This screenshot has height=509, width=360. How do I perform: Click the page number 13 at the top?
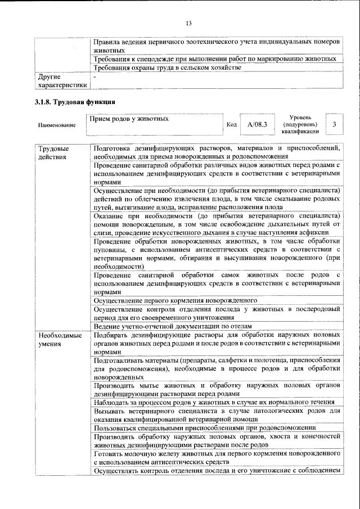click(188, 22)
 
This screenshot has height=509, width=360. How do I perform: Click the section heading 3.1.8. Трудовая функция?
click(75, 102)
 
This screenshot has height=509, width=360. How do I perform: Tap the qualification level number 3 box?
click(334, 124)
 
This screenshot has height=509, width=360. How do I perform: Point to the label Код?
click(231, 124)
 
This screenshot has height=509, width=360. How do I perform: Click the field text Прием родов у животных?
click(129, 119)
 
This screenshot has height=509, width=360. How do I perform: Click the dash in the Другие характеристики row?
click(95, 76)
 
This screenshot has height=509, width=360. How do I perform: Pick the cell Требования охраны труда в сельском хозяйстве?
click(168, 67)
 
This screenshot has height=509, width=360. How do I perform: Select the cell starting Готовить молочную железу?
click(217, 457)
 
